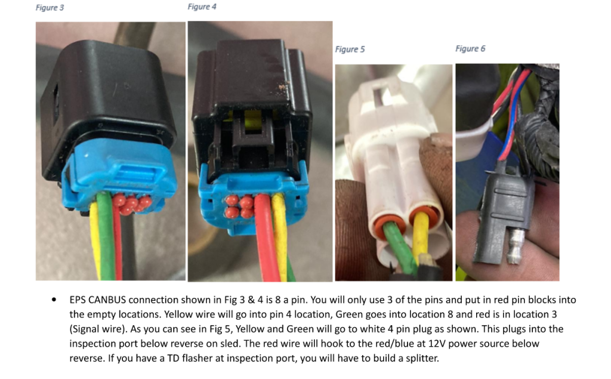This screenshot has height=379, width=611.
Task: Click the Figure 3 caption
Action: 50,8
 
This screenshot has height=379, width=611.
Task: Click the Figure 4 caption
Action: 202,7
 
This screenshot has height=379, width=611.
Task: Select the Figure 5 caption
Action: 350,50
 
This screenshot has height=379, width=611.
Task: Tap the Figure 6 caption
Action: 470,49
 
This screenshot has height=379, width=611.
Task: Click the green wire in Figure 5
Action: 397,246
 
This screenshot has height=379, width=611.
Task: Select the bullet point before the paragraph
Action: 54,300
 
